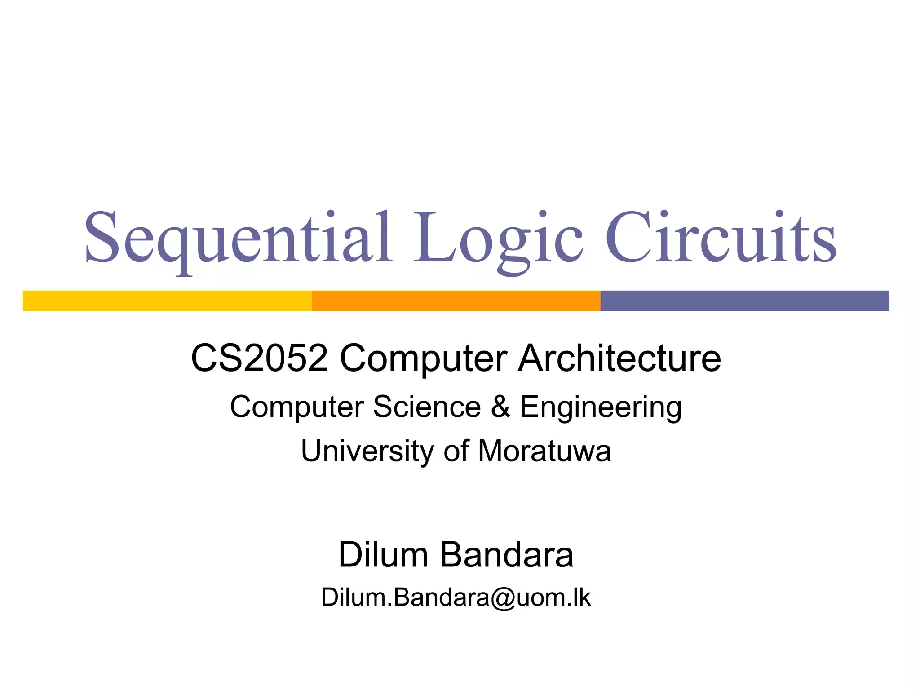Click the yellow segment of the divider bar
click(167, 301)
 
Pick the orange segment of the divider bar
click(456, 301)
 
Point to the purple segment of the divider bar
click(744, 301)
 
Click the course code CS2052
click(259, 358)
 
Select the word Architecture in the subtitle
click(619, 358)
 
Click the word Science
click(427, 407)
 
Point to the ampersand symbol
click(500, 407)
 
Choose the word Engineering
click(601, 407)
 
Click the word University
click(366, 451)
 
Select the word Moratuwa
click(544, 451)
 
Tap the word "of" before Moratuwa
click(456, 451)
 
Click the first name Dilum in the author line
click(383, 555)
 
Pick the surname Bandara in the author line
click(506, 555)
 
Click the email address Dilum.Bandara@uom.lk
click(456, 597)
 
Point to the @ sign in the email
click(503, 598)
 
